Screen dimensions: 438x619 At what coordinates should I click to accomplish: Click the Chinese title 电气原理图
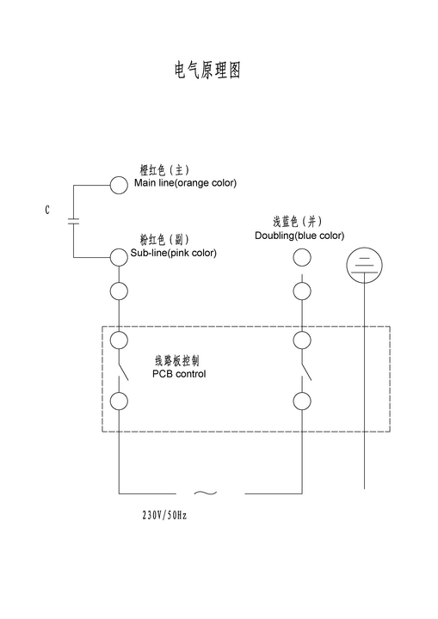tap(207, 70)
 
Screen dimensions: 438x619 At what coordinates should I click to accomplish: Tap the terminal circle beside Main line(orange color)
tap(119, 185)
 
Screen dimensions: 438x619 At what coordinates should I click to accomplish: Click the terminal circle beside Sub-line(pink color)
tap(119, 257)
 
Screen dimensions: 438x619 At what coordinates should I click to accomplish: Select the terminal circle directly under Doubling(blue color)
tap(302, 257)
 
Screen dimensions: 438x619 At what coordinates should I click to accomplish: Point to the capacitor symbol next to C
tap(73, 221)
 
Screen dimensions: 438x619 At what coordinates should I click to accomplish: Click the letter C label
tap(47, 210)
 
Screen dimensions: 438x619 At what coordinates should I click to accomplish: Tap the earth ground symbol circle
tap(365, 266)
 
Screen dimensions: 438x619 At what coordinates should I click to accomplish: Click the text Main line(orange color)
tap(185, 183)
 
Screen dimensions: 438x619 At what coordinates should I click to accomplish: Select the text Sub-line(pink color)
tap(174, 253)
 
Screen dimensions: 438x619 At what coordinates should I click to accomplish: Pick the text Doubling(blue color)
tap(299, 236)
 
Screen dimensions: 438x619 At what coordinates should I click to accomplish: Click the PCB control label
tap(179, 374)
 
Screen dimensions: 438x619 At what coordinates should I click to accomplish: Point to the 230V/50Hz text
tap(164, 515)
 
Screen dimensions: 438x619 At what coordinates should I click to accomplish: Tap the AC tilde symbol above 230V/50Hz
tap(206, 493)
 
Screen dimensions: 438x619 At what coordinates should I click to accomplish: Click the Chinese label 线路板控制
tap(177, 361)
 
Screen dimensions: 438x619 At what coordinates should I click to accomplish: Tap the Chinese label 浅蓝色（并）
tap(297, 222)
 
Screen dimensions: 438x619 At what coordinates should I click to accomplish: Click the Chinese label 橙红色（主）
tap(164, 169)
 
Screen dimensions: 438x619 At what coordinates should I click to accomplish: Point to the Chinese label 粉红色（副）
tap(164, 239)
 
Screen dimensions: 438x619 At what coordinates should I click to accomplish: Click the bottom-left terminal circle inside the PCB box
tap(119, 401)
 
